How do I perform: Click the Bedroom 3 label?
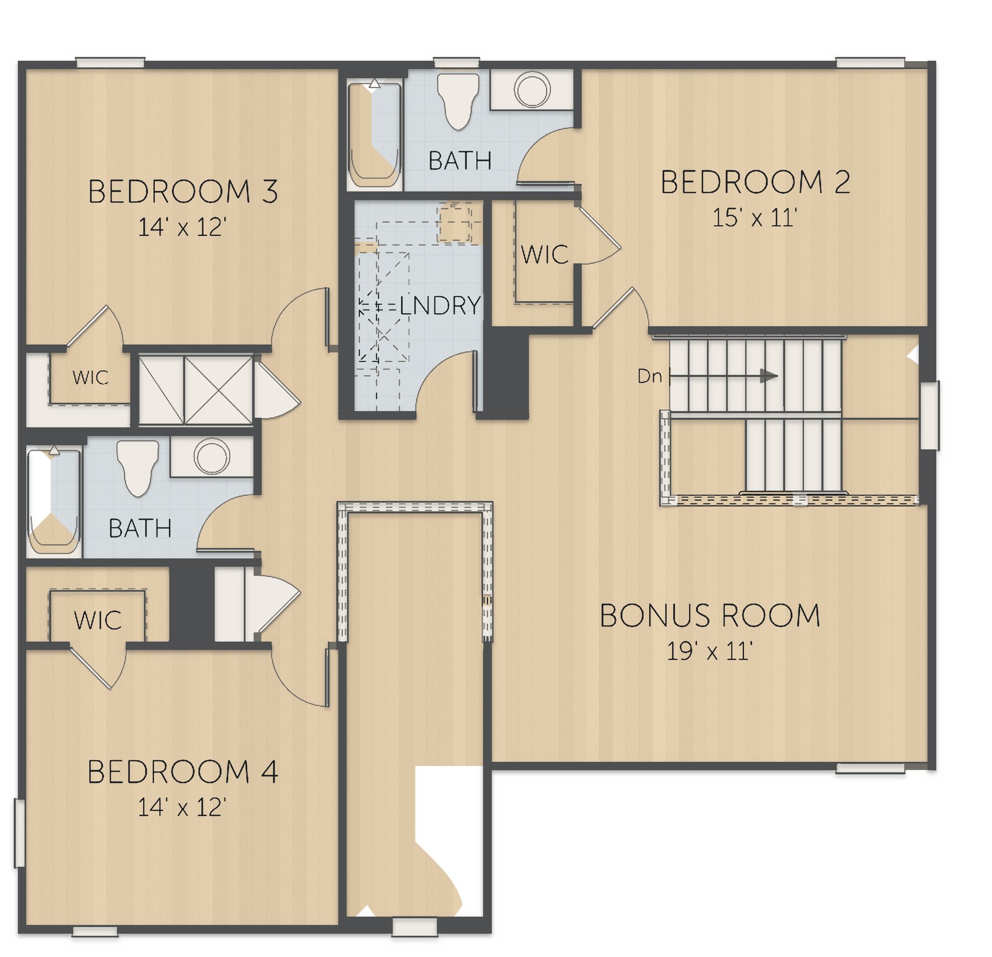pyautogui.click(x=183, y=192)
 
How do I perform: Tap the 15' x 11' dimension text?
pyautogui.click(x=755, y=218)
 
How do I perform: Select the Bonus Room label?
pyautogui.click(x=710, y=615)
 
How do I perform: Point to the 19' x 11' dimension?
pyautogui.click(x=710, y=651)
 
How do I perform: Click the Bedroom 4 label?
pyautogui.click(x=183, y=772)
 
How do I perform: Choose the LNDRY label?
pyautogui.click(x=440, y=305)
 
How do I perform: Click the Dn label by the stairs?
pyautogui.click(x=649, y=376)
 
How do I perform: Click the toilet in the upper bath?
pyautogui.click(x=457, y=101)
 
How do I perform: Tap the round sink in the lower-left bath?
pyautogui.click(x=212, y=456)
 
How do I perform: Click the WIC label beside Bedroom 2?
pyautogui.click(x=544, y=255)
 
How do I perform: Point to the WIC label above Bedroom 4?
pyautogui.click(x=98, y=620)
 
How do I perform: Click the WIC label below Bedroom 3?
pyautogui.click(x=90, y=378)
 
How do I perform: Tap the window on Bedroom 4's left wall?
pyautogui.click(x=19, y=834)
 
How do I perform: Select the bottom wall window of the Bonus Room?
pyautogui.click(x=870, y=769)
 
